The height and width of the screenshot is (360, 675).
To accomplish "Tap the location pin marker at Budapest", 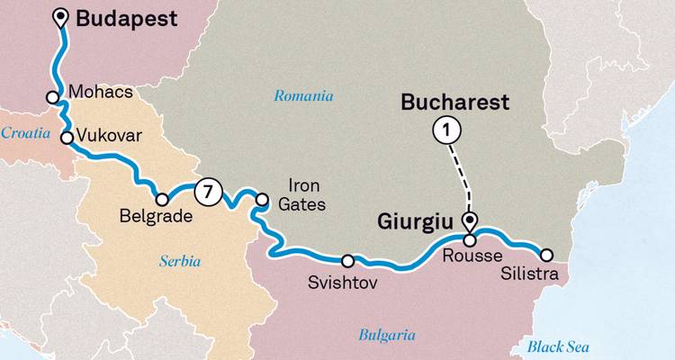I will (61, 17).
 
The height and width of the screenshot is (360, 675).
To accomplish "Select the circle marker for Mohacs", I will (53, 97).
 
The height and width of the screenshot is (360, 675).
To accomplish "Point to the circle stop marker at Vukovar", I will (67, 138).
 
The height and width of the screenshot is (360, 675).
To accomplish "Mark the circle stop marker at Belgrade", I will (163, 199).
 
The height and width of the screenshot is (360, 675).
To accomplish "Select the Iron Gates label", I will (304, 195).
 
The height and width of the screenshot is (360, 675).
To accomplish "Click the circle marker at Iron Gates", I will (262, 200).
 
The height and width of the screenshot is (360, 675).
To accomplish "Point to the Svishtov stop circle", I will (348, 261).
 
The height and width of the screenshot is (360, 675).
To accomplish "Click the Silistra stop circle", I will (545, 254).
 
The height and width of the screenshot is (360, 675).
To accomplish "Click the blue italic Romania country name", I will (304, 96).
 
